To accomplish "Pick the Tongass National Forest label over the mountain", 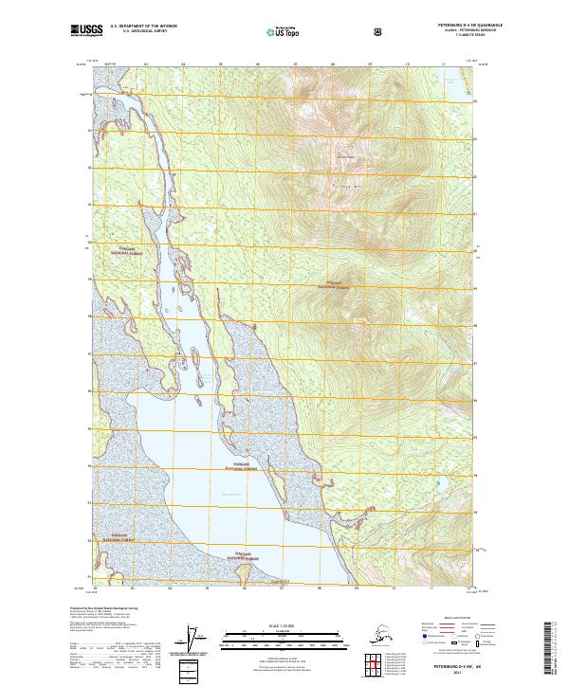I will point(340,284).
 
